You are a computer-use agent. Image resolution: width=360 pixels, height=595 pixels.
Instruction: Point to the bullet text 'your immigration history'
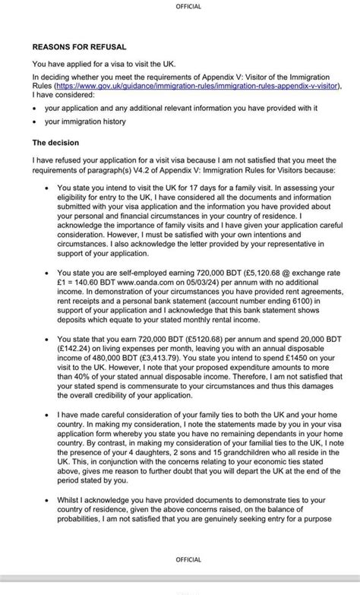[x=84, y=122]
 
